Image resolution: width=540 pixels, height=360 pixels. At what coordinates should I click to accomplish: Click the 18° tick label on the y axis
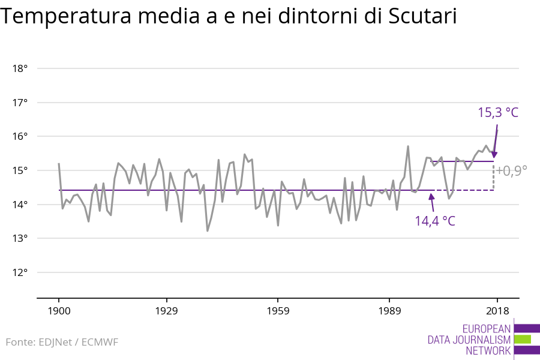click(20, 68)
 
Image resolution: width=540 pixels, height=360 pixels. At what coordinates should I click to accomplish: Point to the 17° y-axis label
click(20, 103)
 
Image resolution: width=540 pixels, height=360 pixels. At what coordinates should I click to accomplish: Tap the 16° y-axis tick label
click(20, 136)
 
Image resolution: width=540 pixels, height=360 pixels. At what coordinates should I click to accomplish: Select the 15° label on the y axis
click(20, 170)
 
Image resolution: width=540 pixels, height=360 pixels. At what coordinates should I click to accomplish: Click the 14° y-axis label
click(20, 205)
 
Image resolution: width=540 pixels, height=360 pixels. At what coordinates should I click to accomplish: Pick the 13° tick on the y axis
click(20, 238)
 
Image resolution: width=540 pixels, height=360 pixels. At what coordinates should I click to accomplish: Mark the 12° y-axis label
click(20, 272)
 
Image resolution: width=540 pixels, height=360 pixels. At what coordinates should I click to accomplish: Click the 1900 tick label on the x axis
click(59, 311)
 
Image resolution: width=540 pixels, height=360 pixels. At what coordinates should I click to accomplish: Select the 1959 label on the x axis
click(278, 311)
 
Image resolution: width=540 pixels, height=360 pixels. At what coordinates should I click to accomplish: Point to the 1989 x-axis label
click(389, 311)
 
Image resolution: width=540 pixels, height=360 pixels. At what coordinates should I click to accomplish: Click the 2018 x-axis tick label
click(497, 311)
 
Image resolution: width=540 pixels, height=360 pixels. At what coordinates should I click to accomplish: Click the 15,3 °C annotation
click(497, 112)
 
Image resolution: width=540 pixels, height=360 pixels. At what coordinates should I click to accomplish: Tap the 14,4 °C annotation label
click(435, 221)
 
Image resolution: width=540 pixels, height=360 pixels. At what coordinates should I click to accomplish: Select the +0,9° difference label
click(512, 170)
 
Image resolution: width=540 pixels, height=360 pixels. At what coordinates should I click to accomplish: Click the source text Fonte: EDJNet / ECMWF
click(62, 343)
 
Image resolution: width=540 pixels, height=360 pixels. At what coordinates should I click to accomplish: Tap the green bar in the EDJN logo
click(523, 339)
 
